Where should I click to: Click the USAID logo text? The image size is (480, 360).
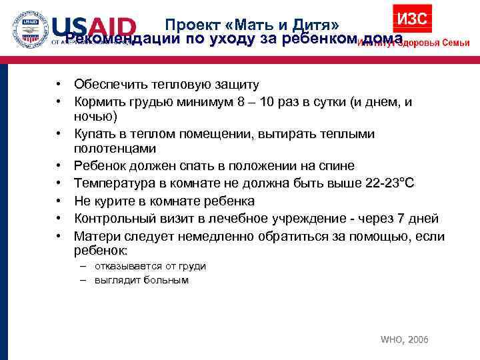click(93, 28)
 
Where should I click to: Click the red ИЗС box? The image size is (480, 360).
click(412, 19)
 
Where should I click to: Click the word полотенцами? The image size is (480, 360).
click(115, 149)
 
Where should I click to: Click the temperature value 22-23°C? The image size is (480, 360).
click(390, 183)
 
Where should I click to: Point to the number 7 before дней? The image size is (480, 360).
click(401, 219)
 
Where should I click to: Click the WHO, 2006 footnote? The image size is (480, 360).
click(404, 340)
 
